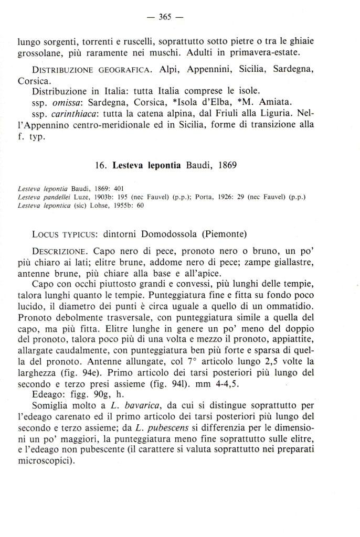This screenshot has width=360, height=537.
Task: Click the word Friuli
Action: [x=238, y=115]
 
